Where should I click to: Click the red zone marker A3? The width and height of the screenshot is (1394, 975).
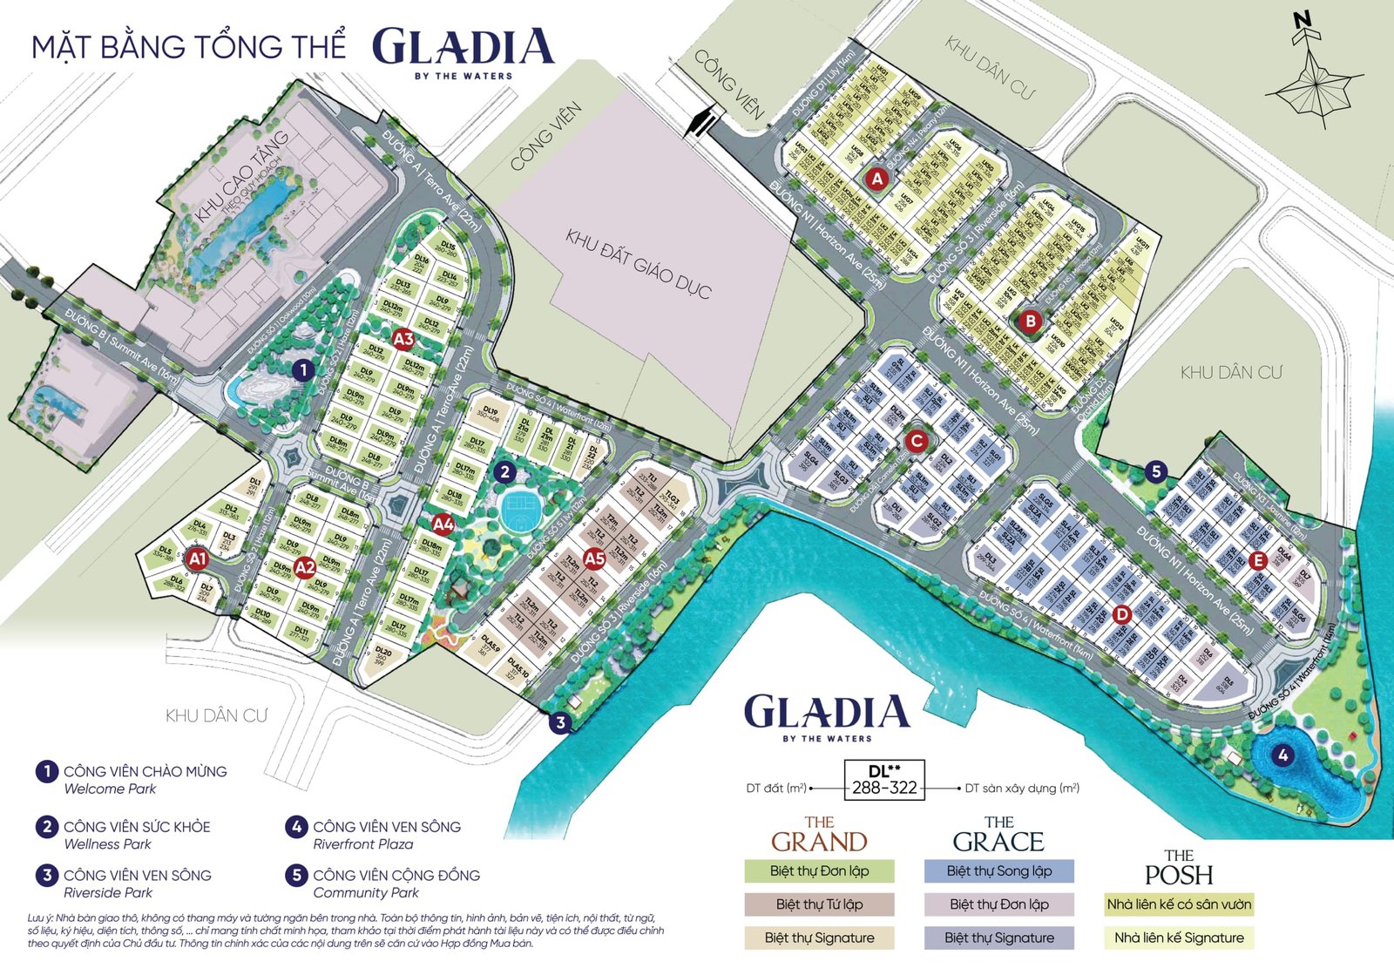pyautogui.click(x=403, y=339)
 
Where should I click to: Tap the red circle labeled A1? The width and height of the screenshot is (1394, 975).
pyautogui.click(x=198, y=559)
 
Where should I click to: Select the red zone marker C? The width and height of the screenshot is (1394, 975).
pyautogui.click(x=916, y=441)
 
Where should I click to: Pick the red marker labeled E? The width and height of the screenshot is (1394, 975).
pyautogui.click(x=1257, y=560)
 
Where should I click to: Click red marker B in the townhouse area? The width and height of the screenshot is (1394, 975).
pyautogui.click(x=1030, y=321)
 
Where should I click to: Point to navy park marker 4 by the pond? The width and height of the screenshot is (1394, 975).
pyautogui.click(x=1282, y=755)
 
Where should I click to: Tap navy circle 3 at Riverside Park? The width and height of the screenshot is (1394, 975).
pyautogui.click(x=561, y=722)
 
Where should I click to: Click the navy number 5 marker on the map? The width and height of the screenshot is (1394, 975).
pyautogui.click(x=1155, y=472)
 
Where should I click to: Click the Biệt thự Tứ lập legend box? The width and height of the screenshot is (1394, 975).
pyautogui.click(x=819, y=904)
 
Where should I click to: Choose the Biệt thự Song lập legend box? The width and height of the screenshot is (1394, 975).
pyautogui.click(x=998, y=871)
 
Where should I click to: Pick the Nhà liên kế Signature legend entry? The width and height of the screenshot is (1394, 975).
pyautogui.click(x=1179, y=938)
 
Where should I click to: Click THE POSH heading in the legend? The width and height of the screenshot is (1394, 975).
pyautogui.click(x=1179, y=867)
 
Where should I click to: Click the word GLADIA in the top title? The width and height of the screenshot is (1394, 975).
pyautogui.click(x=463, y=48)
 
